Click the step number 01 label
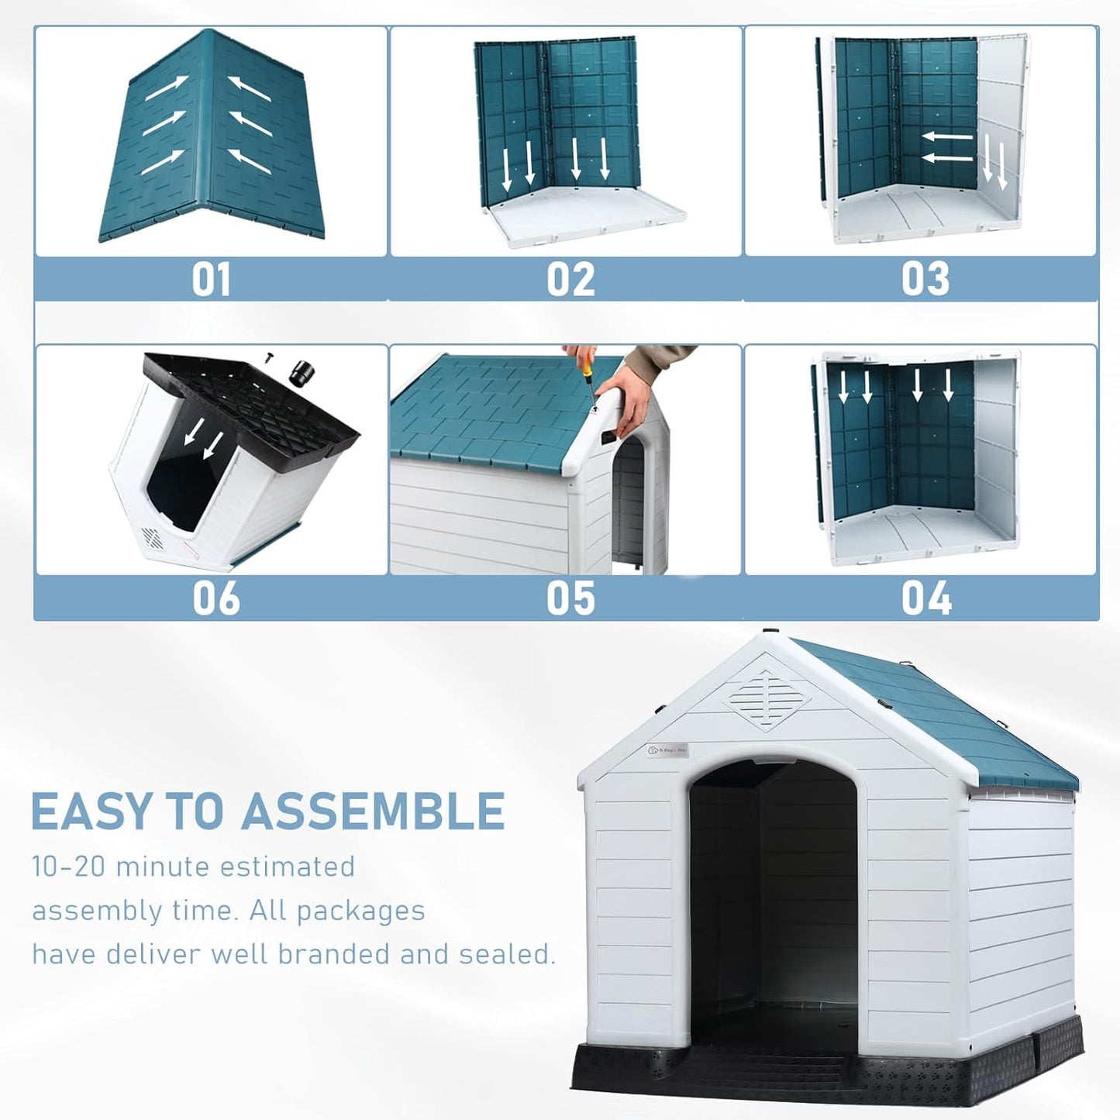click(x=211, y=279)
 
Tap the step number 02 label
click(x=570, y=279)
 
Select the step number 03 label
click(x=925, y=279)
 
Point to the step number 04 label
click(x=925, y=598)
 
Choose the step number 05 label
click(x=570, y=598)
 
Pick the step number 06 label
click(x=215, y=598)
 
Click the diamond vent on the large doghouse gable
click(x=768, y=699)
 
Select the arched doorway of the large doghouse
click(x=773, y=891)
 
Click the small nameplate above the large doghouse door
click(x=667, y=750)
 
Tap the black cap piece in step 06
click(x=302, y=374)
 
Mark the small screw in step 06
click(x=269, y=357)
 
